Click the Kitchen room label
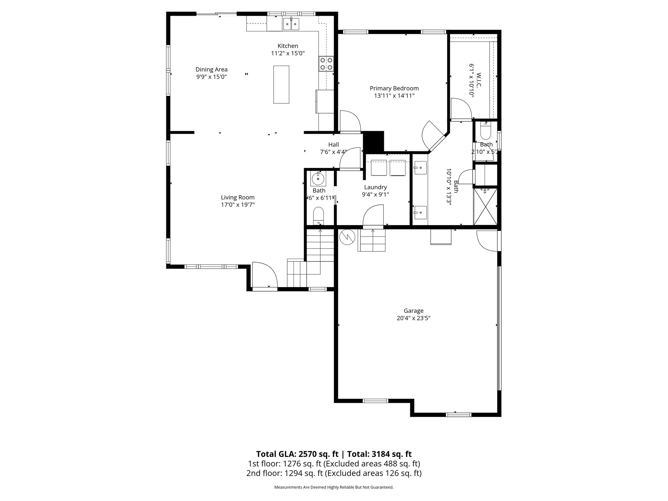tap(288, 46)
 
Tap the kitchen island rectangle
tap(281, 84)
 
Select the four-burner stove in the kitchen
tap(326, 64)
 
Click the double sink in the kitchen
tap(291, 24)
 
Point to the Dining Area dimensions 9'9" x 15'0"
tap(211, 77)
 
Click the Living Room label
tap(237, 197)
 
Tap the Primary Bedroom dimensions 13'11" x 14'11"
tap(394, 96)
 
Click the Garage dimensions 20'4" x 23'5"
tap(413, 318)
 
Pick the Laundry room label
tap(375, 187)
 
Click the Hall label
tap(333, 144)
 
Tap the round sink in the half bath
tap(317, 179)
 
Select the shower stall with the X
tap(485, 206)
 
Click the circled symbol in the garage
tap(346, 237)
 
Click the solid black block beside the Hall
tap(373, 141)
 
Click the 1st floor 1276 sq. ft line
tap(334, 463)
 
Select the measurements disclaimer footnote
tap(334, 487)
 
